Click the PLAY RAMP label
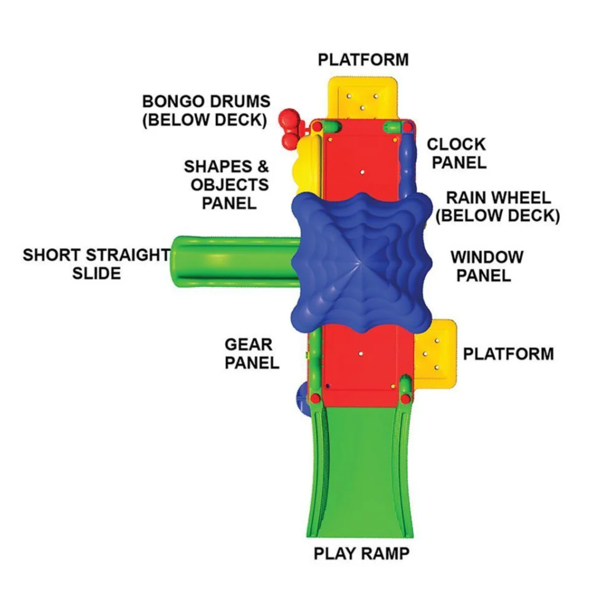click(x=361, y=553)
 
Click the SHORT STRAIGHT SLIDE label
click(x=96, y=264)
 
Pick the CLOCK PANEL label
click(x=456, y=153)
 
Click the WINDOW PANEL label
click(x=487, y=266)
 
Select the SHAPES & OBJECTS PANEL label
click(x=227, y=184)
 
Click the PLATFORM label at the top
click(x=363, y=60)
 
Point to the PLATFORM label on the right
click(x=508, y=354)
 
